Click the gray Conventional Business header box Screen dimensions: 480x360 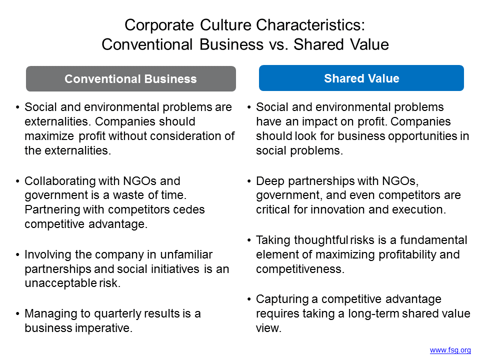click(x=130, y=78)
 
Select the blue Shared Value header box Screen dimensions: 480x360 click(x=361, y=78)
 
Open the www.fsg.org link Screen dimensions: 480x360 click(x=450, y=350)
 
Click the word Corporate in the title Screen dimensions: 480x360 click(x=159, y=25)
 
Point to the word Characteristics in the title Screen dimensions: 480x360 click(x=310, y=25)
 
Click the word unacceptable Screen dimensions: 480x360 click(x=60, y=283)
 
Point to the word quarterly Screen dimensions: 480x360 click(x=117, y=314)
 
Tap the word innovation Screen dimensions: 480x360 click(x=337, y=209)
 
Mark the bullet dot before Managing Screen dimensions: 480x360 click(x=17, y=314)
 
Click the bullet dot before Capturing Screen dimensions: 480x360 click(x=249, y=299)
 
